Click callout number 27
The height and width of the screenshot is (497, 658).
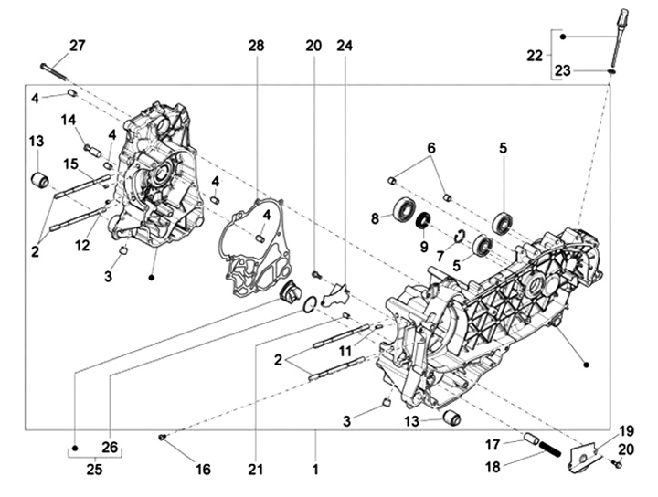pyautogui.click(x=77, y=46)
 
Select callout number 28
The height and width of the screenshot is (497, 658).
pyautogui.click(x=255, y=46)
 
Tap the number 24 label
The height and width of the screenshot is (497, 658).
pyautogui.click(x=345, y=46)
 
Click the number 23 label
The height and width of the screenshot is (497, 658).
pyautogui.click(x=590, y=69)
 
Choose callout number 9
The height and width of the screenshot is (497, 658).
pyautogui.click(x=423, y=246)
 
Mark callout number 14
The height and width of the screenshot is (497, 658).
pyautogui.click(x=69, y=120)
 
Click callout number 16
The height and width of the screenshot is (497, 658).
pyautogui.click(x=203, y=469)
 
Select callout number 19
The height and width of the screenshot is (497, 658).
pyautogui.click(x=626, y=429)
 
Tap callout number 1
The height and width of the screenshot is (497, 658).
pyautogui.click(x=316, y=469)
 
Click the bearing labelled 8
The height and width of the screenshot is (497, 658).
pyautogui.click(x=403, y=209)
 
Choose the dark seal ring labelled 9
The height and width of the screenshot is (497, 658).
pyautogui.click(x=424, y=221)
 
